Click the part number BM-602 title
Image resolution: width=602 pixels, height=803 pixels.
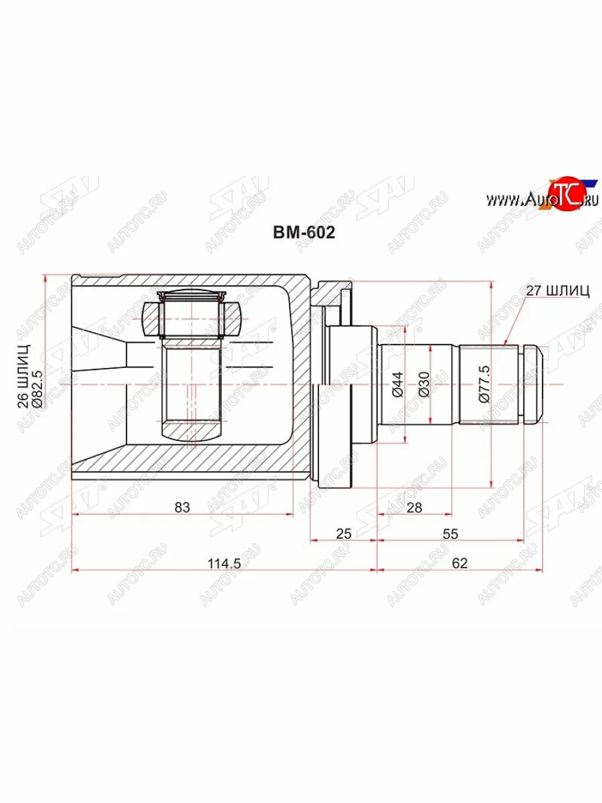point(303,232)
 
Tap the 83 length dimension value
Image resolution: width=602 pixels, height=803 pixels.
point(182,507)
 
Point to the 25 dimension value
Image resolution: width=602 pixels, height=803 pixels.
point(343,533)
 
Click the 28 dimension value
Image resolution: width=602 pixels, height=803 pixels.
point(415,507)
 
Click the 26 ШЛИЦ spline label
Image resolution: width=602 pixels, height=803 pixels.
point(23,377)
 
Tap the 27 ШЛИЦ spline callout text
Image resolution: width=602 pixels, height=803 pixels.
point(558,290)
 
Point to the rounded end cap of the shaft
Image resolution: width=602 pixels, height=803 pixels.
point(532,384)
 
